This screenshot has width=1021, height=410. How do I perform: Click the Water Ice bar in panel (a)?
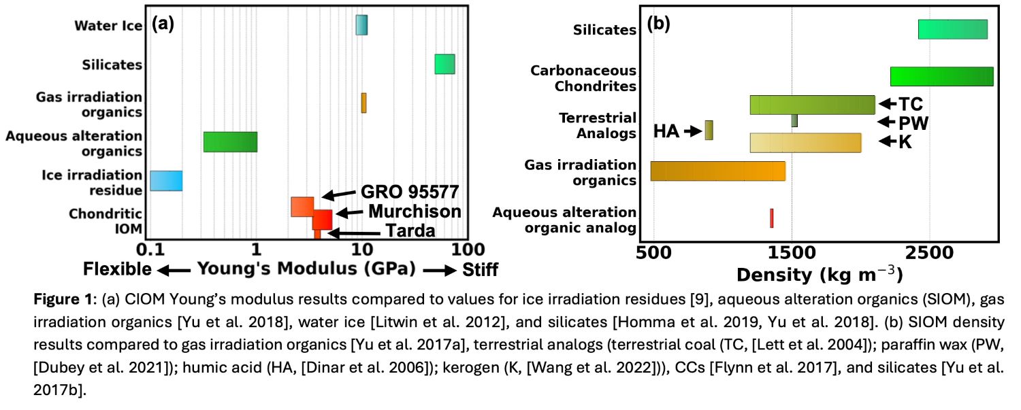point(361,25)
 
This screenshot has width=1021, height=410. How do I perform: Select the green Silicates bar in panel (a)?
point(444,64)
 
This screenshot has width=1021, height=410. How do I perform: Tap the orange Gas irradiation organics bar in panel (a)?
point(363,103)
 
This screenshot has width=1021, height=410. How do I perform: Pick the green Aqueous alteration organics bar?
point(230,141)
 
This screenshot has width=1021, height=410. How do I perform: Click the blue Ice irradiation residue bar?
point(166,181)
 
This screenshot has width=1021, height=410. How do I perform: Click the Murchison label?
point(415,211)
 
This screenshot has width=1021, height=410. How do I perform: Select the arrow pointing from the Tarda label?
point(354,233)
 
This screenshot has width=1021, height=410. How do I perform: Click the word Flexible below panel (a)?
point(117,270)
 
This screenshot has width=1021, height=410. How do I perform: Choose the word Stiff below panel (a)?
point(481,270)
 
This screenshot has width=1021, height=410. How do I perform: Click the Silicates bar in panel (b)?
point(952,30)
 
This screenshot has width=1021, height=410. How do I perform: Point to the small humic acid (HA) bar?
point(709,130)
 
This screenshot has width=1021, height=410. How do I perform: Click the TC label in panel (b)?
point(911,104)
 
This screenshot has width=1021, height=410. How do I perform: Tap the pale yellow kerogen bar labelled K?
point(805,143)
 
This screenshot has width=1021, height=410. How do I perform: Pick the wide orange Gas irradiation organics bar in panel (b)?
point(717,171)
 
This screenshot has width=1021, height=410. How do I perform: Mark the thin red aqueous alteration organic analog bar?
point(771,218)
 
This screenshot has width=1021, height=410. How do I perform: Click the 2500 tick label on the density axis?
point(930,250)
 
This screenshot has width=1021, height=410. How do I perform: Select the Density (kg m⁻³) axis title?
point(819,275)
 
